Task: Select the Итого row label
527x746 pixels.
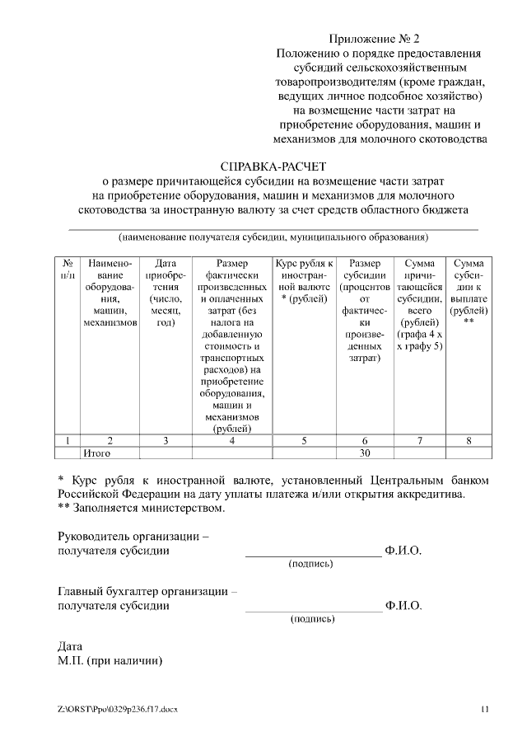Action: (x=97, y=453)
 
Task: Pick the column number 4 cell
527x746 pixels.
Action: (x=231, y=440)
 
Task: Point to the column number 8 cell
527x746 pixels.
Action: (x=468, y=440)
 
